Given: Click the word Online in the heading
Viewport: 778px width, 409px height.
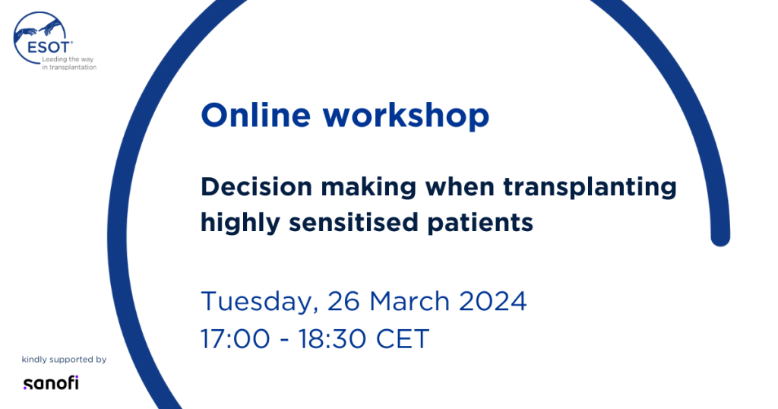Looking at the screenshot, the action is [x=255, y=115].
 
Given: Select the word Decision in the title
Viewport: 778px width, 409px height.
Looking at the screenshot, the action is [x=257, y=187].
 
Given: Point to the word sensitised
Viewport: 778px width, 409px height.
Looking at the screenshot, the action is [x=354, y=223].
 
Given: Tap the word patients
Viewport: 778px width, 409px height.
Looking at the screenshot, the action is [x=480, y=224].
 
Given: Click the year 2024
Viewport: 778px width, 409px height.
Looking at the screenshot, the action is [x=492, y=301].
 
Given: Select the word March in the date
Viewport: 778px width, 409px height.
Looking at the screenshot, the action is [x=410, y=301].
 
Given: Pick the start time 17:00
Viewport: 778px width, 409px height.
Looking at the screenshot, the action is [x=236, y=339].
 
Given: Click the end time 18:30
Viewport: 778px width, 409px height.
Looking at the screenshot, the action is [x=333, y=339].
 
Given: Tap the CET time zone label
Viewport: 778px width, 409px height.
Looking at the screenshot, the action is [x=403, y=339].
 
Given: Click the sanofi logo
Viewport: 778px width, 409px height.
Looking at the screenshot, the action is [x=51, y=382].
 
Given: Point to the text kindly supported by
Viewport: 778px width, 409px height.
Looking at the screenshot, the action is [x=64, y=360].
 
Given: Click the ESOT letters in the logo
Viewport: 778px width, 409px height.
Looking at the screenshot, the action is [x=49, y=48].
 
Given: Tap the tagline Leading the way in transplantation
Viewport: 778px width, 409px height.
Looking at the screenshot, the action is [x=69, y=63].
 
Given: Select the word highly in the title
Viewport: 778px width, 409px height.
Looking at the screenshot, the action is [x=241, y=224].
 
